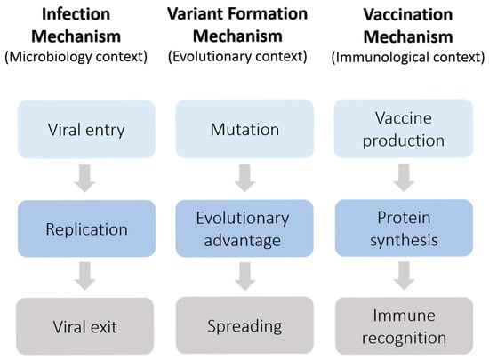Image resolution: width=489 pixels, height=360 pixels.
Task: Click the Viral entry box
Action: click(86, 129)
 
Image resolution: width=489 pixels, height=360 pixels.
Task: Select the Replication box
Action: click(86, 228)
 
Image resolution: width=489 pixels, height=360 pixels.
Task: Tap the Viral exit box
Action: click(84, 326)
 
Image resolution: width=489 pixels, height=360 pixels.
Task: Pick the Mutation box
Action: click(244, 129)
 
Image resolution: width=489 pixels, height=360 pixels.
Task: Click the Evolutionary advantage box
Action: click(244, 228)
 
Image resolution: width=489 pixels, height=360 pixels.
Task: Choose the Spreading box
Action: click(244, 325)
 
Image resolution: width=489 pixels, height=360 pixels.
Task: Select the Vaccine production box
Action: click(404, 128)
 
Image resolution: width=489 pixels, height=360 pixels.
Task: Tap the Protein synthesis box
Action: click(404, 228)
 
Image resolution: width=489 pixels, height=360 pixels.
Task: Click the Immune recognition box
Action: click(404, 325)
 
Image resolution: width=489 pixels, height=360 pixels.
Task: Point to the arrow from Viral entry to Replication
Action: click(84, 178)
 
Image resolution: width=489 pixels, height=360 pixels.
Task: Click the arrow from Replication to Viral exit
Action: click(84, 276)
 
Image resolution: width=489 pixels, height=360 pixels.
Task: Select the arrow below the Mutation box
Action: click(244, 178)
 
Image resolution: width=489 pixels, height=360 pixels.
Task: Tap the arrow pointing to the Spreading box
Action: click(244, 276)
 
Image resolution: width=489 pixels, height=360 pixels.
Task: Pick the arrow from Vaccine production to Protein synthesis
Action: click(404, 178)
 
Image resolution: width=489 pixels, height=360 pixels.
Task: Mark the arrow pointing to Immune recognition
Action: click(404, 276)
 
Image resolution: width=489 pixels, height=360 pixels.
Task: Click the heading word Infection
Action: click(76, 14)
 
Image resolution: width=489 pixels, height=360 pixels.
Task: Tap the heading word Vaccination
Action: click(408, 14)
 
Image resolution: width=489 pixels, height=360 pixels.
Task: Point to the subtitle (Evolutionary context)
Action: click(237, 56)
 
